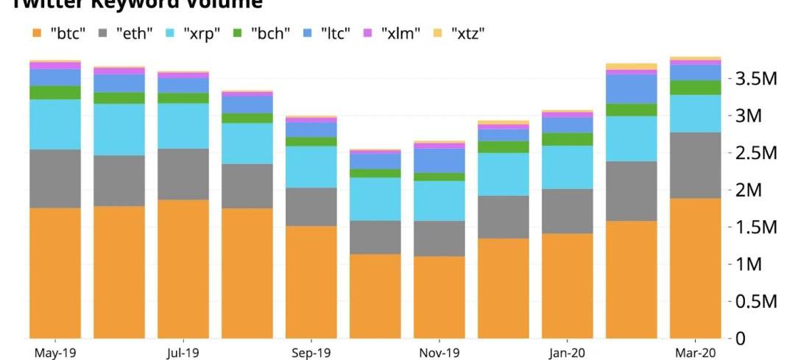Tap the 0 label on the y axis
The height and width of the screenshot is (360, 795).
[741, 338]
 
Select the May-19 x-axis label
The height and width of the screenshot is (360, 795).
[55, 353]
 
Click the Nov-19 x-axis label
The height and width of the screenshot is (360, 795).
[439, 353]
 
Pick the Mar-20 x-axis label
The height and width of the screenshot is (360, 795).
[695, 353]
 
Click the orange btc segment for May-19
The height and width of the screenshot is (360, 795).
[55, 272]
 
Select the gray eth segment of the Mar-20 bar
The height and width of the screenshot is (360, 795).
[695, 165]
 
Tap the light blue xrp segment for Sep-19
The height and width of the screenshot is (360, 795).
[311, 166]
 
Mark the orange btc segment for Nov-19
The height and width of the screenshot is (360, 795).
[439, 297]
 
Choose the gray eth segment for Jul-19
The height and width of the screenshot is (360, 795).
[183, 174]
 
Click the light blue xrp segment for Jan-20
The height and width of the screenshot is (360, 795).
[567, 167]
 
